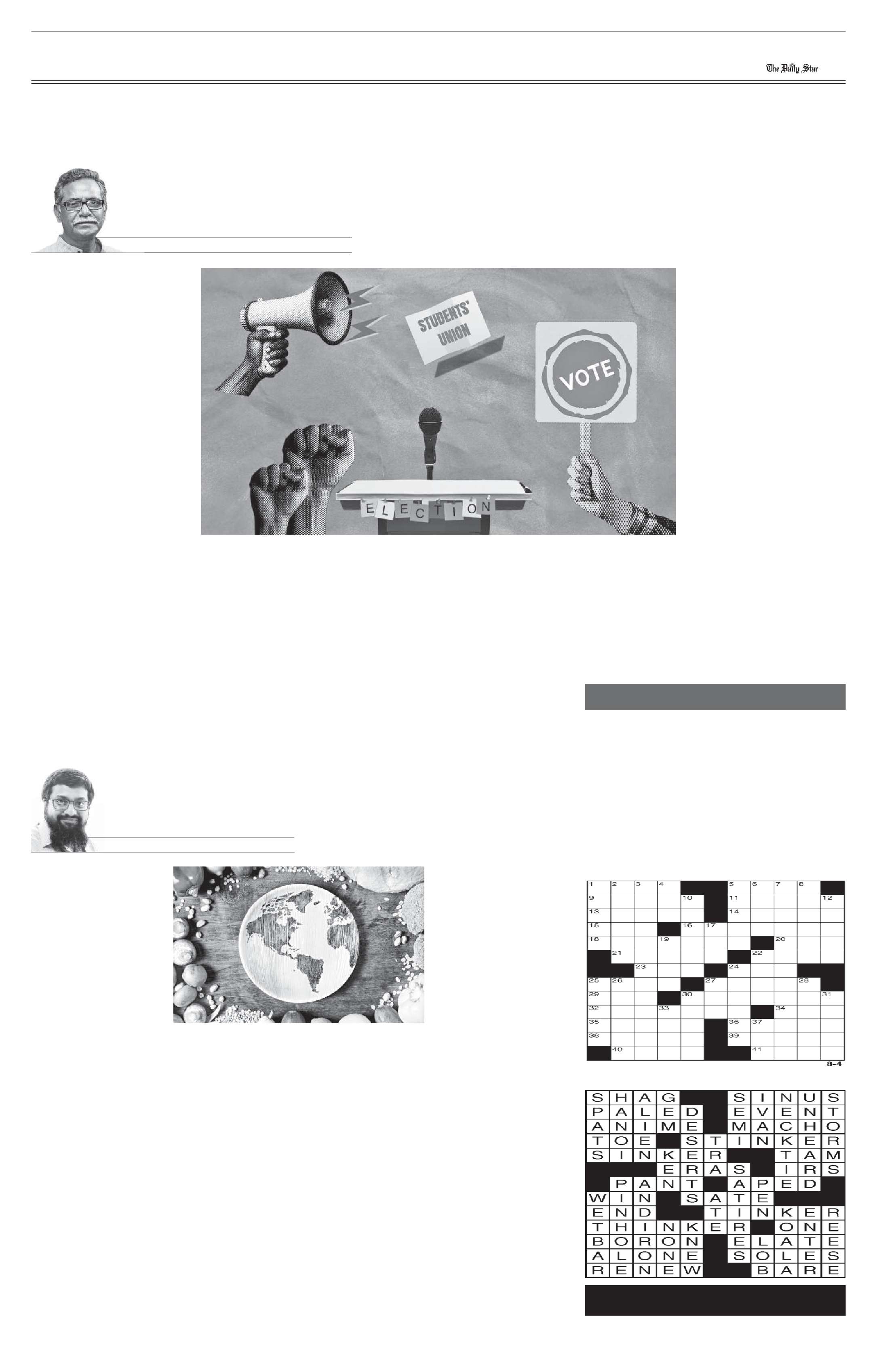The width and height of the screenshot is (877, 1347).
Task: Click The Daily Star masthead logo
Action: click(792, 68)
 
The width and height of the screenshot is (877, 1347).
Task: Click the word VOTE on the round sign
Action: click(586, 375)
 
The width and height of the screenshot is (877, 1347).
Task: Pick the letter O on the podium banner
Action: click(471, 508)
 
